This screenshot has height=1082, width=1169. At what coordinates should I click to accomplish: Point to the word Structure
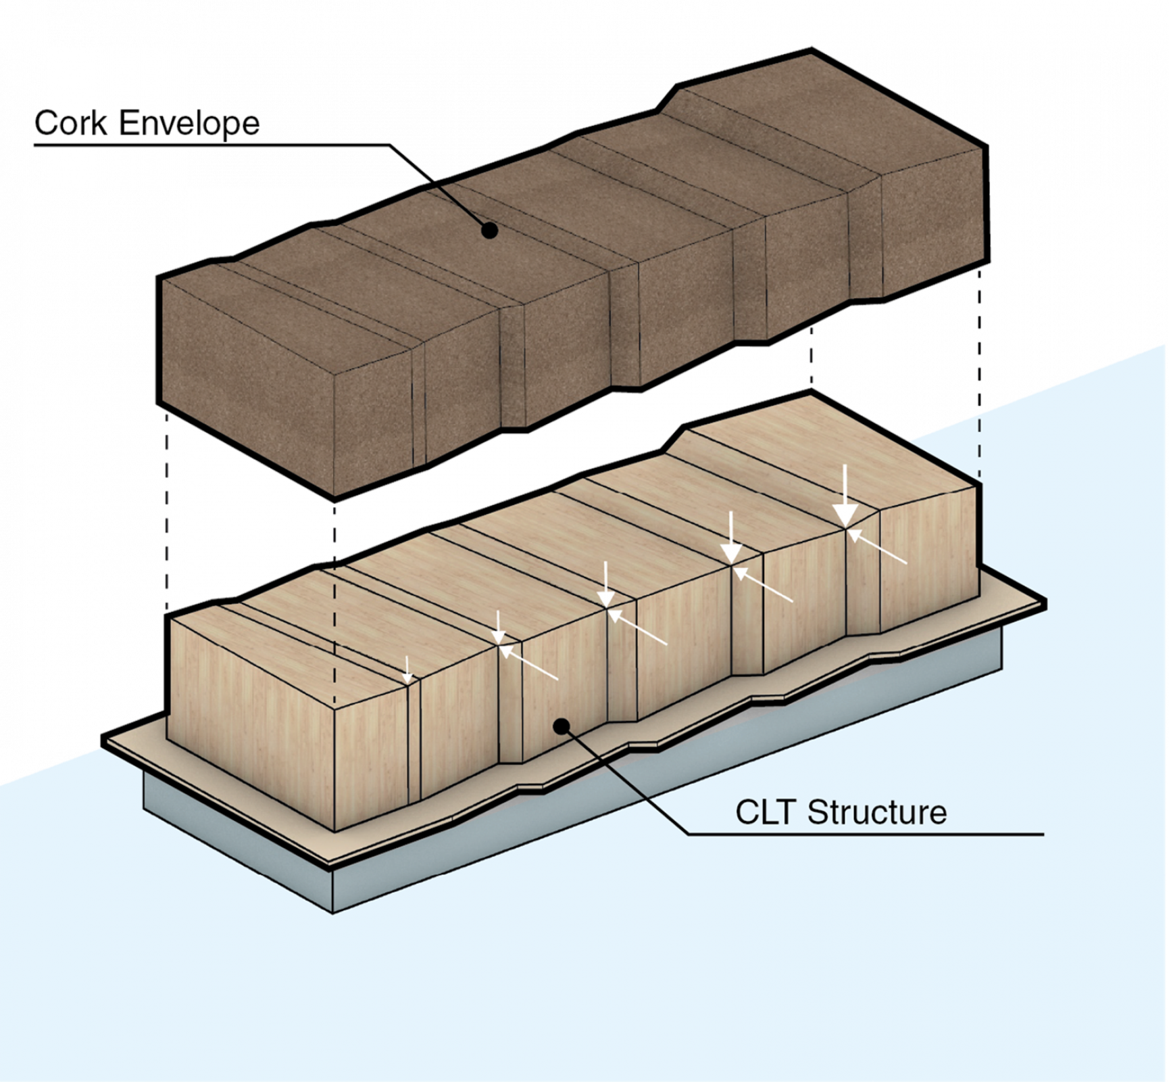(x=877, y=811)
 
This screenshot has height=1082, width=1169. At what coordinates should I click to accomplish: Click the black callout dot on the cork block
(x=489, y=231)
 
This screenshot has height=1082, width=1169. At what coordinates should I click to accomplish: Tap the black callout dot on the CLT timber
(x=560, y=726)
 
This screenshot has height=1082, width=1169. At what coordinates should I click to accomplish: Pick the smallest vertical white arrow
(x=407, y=669)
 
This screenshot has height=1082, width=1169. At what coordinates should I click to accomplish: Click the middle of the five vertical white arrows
(x=606, y=586)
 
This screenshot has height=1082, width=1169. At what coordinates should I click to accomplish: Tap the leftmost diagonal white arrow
(x=530, y=662)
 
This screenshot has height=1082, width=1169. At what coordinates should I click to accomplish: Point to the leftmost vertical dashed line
(x=167, y=514)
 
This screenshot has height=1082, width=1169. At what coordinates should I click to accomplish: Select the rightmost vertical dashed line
(x=979, y=372)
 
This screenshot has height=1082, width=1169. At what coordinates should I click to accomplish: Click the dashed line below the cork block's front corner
(x=333, y=602)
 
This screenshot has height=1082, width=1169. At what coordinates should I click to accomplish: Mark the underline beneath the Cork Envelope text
(x=203, y=144)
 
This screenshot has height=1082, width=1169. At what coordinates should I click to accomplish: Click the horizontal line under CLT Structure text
(x=865, y=834)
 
